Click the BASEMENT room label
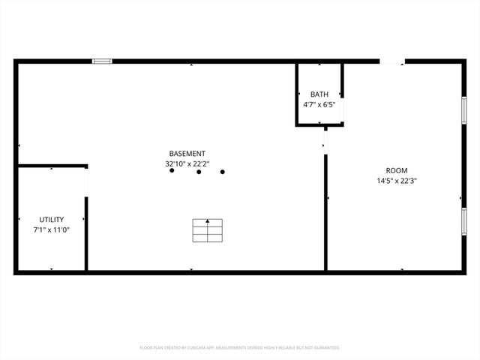pos(187,153)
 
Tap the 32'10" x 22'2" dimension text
pos(187,163)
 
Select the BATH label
pos(319,94)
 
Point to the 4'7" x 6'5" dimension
pos(319,104)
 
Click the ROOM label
pos(397,170)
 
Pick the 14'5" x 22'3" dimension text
pos(397,180)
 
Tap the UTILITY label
pos(51,219)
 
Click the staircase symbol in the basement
pos(208,231)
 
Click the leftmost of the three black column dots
pos(172,171)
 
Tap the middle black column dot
pos(199,172)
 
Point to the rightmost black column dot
pos(223,172)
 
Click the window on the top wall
pos(102,61)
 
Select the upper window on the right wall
pos(464,109)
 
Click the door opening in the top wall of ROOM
pos(391,61)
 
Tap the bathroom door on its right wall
pos(343,109)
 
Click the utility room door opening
pos(87,181)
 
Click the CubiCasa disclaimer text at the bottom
pos(240,348)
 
